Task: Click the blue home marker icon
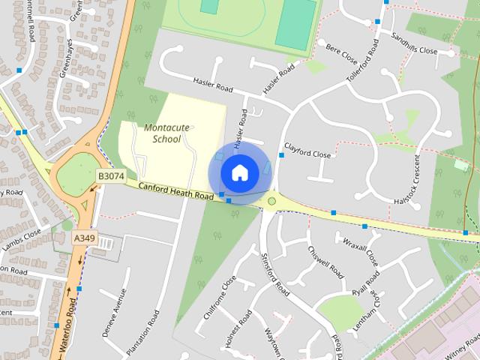tap(239, 172)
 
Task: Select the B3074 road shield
tap(111, 175)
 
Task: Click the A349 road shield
tap(85, 237)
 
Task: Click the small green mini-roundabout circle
tap(271, 200)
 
